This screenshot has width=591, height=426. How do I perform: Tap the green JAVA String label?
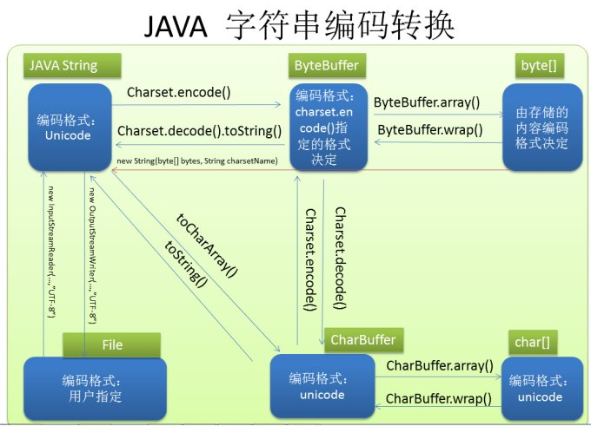pyautogui.click(x=65, y=66)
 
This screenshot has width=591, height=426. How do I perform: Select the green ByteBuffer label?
pyautogui.click(x=326, y=65)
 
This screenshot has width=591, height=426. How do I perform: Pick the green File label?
pyautogui.click(x=112, y=344)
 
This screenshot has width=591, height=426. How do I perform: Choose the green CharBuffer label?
pyautogui.click(x=362, y=339)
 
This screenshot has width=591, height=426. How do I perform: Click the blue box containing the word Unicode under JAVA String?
pyautogui.click(x=70, y=127)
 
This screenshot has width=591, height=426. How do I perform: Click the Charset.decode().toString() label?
pyautogui.click(x=200, y=132)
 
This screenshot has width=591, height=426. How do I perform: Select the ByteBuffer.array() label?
pyautogui.click(x=427, y=102)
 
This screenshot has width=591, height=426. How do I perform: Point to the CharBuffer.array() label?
pyautogui.click(x=439, y=366)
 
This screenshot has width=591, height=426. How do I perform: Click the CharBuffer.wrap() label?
pyautogui.click(x=438, y=399)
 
